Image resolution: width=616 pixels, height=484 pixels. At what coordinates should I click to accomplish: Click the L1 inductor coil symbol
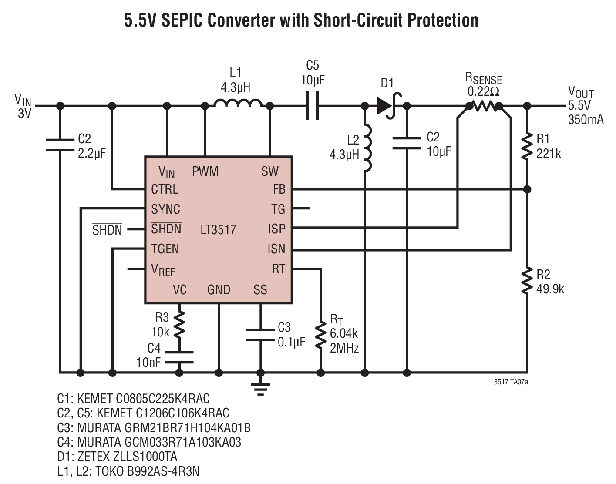tap(238, 103)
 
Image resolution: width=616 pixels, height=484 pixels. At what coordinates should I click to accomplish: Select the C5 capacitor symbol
tap(313, 106)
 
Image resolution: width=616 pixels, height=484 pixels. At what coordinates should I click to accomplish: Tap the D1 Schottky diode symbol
tap(388, 106)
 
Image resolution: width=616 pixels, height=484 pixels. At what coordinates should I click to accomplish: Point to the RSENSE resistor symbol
tap(485, 106)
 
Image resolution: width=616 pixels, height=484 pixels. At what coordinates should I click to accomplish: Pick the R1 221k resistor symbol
tap(527, 147)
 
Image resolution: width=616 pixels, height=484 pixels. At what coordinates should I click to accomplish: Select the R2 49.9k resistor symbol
tap(527, 281)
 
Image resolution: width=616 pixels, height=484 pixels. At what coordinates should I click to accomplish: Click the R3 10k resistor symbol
tap(179, 324)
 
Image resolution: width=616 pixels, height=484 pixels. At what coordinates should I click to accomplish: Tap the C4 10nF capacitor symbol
tap(179, 357)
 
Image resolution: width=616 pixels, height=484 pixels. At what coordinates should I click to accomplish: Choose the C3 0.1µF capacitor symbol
tap(260, 335)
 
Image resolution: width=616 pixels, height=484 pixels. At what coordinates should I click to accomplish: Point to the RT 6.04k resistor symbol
tap(320, 335)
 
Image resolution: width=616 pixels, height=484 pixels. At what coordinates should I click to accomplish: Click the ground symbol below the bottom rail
tap(260, 388)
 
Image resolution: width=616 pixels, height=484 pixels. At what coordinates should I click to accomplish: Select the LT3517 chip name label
tap(218, 229)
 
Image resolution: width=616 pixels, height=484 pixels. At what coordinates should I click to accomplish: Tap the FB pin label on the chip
tap(279, 189)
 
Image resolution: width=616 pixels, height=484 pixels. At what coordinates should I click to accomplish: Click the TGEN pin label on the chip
tap(165, 249)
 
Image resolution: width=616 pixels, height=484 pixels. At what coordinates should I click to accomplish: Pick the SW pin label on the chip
tap(270, 171)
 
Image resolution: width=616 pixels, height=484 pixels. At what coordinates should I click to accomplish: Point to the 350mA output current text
tap(586, 119)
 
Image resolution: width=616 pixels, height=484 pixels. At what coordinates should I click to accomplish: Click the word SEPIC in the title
tap(182, 20)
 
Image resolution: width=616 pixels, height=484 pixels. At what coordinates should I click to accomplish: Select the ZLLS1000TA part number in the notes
tap(145, 457)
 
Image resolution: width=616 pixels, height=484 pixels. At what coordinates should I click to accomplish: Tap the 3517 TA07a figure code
tap(511, 382)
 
